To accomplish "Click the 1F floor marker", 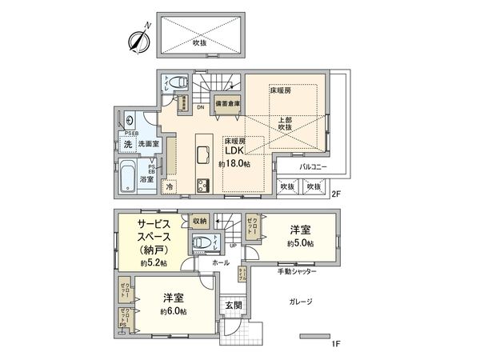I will [x=337, y=343].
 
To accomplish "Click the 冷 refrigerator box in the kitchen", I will [x=170, y=186].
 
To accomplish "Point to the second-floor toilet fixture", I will [x=178, y=82].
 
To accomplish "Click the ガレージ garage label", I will [x=297, y=302].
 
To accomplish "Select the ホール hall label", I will [x=221, y=262].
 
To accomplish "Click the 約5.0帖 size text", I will [x=302, y=244].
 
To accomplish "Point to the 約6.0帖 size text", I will [x=173, y=310].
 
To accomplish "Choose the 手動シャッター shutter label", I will [x=298, y=273].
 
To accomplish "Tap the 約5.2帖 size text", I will [x=152, y=262].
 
